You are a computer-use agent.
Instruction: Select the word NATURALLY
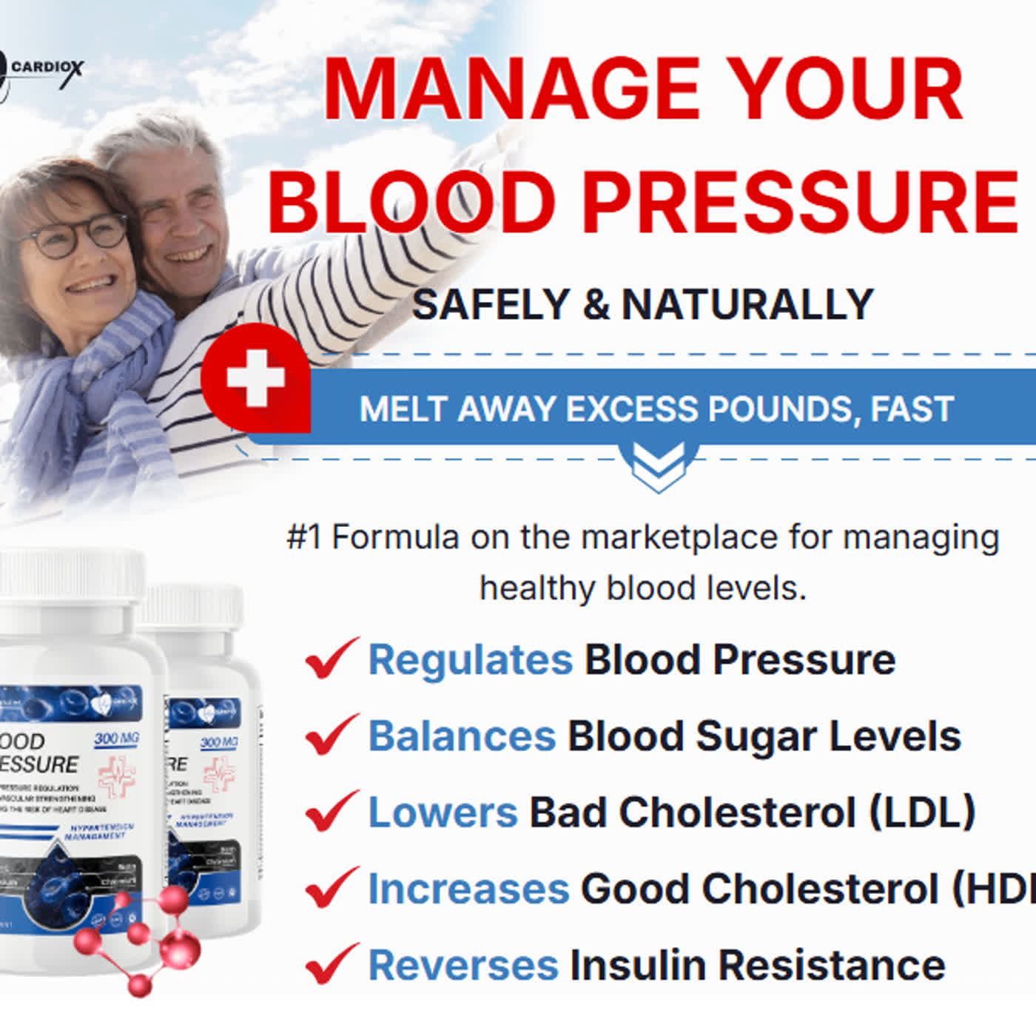(x=747, y=304)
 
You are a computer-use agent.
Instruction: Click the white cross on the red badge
(x=256, y=378)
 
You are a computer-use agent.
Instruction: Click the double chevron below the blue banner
(x=658, y=467)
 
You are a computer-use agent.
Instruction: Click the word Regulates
(x=471, y=659)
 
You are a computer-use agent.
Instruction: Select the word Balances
(x=462, y=736)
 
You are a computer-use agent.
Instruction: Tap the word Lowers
(x=443, y=813)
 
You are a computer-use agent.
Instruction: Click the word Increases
(x=468, y=889)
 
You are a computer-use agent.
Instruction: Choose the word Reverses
(x=463, y=966)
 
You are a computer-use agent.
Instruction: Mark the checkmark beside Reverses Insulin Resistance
(x=332, y=963)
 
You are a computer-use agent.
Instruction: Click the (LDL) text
(x=921, y=813)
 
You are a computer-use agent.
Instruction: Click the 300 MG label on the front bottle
(x=116, y=739)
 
